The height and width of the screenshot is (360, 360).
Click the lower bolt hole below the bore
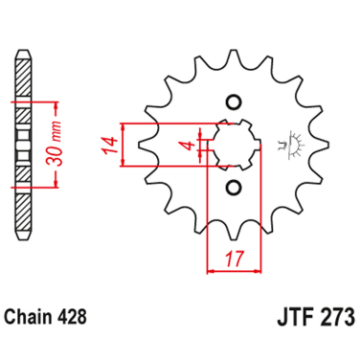point(232,188)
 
